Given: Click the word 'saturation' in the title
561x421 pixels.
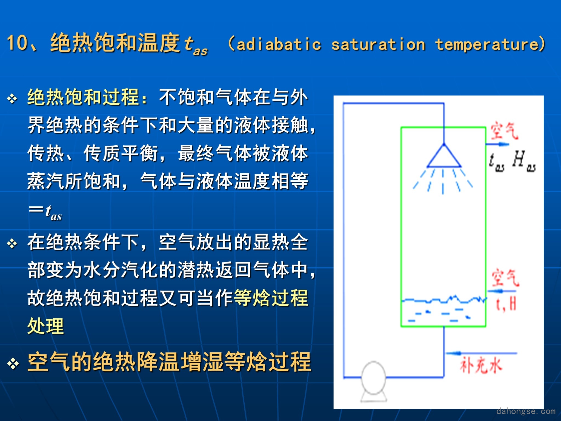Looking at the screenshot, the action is coord(378,44).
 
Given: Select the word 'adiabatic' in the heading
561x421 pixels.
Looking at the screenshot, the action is coord(279,44).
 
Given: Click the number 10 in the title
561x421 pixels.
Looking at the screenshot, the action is coord(17,43).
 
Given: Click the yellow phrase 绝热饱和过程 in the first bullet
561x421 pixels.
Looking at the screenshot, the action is coord(83,97).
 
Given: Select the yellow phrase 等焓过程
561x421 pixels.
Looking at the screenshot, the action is coord(271,298).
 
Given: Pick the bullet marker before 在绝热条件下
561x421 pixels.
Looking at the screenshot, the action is coord(12,243).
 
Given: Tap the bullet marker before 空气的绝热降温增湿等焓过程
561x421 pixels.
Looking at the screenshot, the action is coord(13,363).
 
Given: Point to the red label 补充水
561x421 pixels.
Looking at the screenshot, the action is coord(481,366).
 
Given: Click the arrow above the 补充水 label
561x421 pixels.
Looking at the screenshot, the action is coord(481,353).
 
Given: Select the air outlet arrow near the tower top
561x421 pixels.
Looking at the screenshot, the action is coord(497,144).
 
